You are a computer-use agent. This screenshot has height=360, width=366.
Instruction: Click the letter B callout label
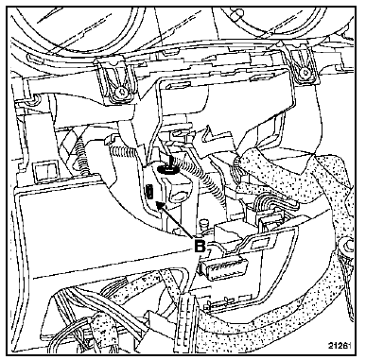point(200,246)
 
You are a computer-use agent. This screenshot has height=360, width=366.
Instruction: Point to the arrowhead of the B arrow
point(160,206)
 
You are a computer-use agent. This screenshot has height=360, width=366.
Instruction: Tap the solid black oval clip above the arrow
point(167,170)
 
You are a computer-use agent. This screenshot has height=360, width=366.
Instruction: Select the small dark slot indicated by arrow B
point(149,193)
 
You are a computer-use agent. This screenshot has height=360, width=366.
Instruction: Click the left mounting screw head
point(120,92)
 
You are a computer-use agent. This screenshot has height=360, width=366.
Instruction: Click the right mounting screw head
point(305,73)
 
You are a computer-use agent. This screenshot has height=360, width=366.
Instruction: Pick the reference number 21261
point(339,346)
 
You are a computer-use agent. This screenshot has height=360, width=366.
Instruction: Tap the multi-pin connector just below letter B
point(223,266)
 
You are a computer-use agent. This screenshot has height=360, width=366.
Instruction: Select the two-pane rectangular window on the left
point(46,172)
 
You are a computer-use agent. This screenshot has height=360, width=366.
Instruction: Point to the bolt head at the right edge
point(347,244)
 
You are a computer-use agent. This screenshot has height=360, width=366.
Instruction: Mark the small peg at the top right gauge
point(236,12)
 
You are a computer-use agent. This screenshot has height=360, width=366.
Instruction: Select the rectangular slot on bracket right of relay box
point(261,242)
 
